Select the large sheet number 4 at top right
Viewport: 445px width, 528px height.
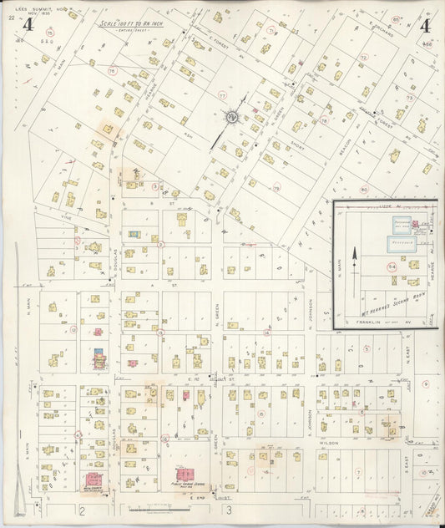(425, 25)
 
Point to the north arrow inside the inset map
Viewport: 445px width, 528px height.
(355, 256)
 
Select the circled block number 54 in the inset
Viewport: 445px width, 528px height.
(392, 266)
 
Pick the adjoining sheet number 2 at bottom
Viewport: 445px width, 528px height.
(82, 510)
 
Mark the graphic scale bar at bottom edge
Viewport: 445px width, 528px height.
(159, 508)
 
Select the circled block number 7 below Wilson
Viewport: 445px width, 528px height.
(357, 471)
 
